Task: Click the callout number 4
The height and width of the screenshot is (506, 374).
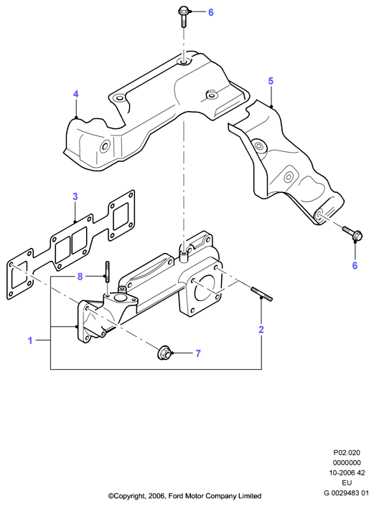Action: pos(75,94)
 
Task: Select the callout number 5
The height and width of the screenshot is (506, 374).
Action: pos(271,81)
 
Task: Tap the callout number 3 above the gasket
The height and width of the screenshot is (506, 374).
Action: pos(75,196)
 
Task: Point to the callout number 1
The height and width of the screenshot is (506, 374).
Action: pos(30,340)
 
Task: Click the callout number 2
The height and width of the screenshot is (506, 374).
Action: pos(261,330)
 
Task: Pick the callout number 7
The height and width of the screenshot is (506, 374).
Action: pos(198,353)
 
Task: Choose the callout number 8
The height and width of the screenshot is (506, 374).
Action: pos(80,277)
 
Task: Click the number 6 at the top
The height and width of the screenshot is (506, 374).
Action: pos(211,13)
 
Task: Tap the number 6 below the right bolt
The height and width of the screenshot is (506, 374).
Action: pos(355,266)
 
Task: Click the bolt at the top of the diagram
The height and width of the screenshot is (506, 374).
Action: pos(183,17)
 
